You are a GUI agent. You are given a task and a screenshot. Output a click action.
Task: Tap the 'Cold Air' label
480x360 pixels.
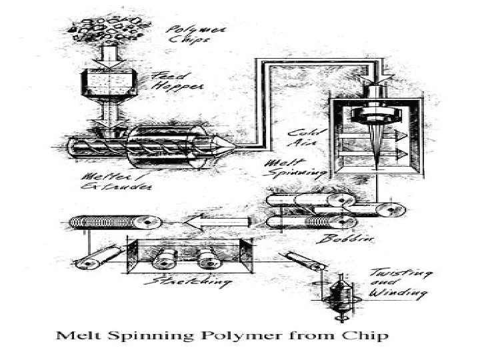[302, 137]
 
